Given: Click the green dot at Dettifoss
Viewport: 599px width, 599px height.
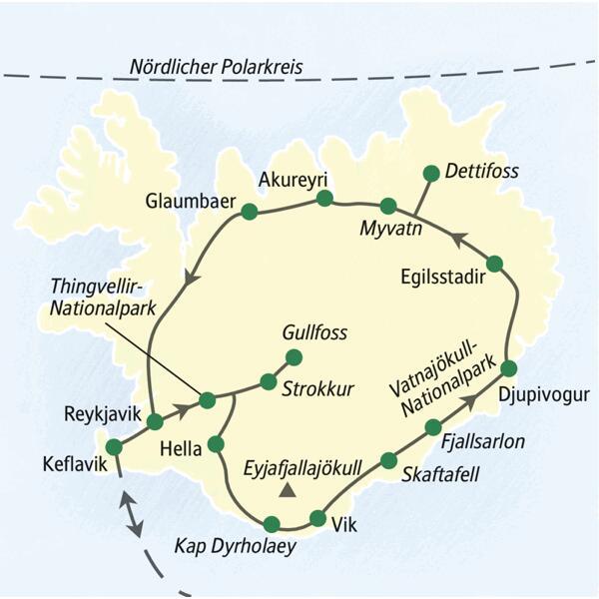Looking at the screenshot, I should coord(431,173).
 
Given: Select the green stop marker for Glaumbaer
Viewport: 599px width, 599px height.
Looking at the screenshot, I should coord(250,211).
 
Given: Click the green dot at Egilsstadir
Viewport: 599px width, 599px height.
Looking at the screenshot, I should coord(495,264).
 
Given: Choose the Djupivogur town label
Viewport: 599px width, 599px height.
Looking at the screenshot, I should coord(539,390).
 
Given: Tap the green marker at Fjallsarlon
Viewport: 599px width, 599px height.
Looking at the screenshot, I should coord(433,427).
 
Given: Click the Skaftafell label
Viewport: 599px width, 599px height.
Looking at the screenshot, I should coord(439,475).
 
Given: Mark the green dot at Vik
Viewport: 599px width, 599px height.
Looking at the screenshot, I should coord(318,518).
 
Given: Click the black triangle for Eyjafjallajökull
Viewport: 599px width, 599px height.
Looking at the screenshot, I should coord(289,489).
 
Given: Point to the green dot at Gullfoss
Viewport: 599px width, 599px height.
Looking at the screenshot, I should coord(294,356).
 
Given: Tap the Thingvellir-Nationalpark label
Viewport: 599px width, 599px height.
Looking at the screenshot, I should coord(105,298).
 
